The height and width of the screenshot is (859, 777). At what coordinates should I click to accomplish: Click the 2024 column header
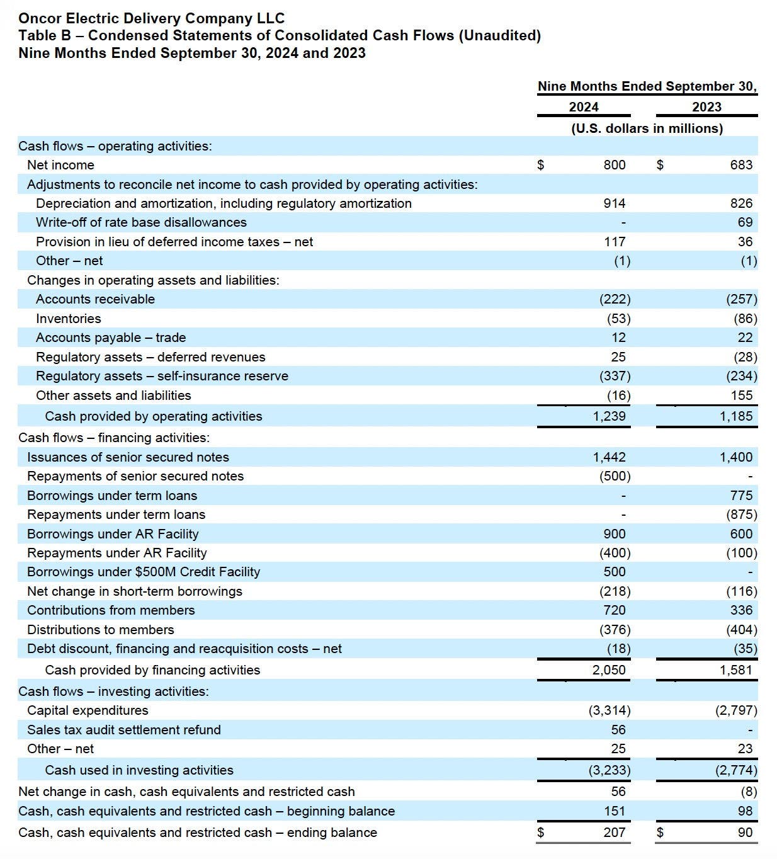click(584, 107)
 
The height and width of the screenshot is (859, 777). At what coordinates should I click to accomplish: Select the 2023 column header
click(706, 107)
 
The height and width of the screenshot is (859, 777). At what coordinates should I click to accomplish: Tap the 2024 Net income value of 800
click(614, 165)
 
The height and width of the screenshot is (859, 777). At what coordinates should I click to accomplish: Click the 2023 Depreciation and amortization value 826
click(741, 203)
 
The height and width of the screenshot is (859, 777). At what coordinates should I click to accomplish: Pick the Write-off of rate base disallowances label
click(141, 222)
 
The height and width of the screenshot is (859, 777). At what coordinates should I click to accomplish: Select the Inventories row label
click(68, 319)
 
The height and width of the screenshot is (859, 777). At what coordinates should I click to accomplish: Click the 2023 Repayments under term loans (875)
click(741, 515)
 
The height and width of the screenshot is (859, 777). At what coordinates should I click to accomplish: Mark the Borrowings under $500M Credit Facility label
click(144, 572)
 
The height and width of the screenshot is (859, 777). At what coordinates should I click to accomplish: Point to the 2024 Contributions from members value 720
click(614, 610)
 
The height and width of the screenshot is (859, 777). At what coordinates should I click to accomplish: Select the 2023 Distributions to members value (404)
click(741, 630)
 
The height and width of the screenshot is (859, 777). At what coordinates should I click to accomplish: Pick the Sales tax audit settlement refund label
click(124, 730)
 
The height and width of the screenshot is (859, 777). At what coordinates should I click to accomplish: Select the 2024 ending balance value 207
click(614, 833)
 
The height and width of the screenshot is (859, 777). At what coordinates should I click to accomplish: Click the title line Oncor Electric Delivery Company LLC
click(151, 18)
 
